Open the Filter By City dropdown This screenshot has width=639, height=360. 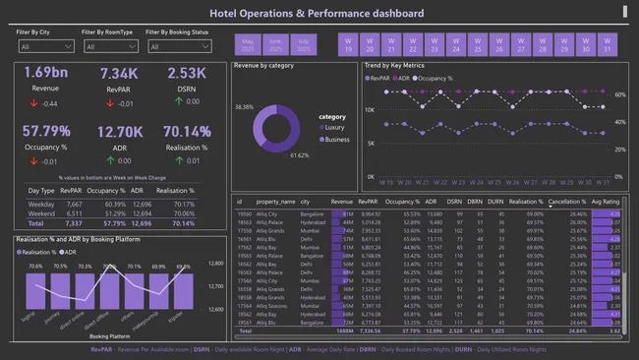pos(45,46)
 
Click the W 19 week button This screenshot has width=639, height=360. pos(347,44)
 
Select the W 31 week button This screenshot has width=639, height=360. pos(608,44)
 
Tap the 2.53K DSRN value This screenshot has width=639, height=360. pos(187,74)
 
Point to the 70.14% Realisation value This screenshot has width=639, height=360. pos(187,131)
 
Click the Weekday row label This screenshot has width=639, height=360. pos(42,204)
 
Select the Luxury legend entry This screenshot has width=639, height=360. pos(335,127)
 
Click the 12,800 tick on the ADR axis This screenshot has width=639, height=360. pos(217,263)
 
